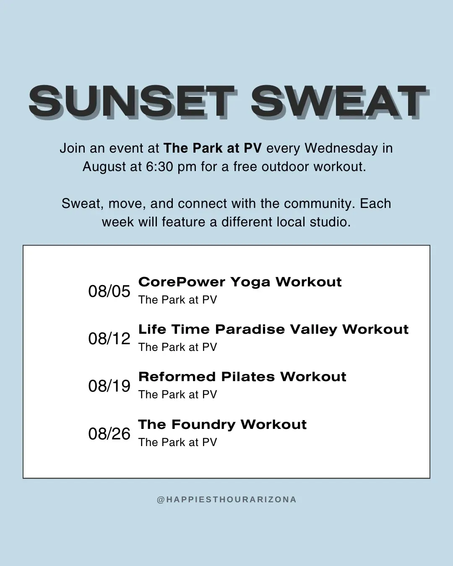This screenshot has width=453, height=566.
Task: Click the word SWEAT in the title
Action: tap(340, 102)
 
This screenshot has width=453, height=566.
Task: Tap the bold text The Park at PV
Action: tap(213, 148)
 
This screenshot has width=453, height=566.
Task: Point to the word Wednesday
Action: tap(341, 148)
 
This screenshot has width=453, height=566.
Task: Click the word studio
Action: tap(330, 222)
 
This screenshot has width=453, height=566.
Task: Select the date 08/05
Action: tap(109, 291)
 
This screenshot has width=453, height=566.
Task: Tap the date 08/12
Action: tap(109, 339)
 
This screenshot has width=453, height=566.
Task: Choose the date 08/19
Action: tap(109, 386)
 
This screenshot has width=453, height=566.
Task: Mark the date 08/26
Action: tap(109, 434)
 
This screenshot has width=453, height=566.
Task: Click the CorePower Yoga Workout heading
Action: tap(240, 282)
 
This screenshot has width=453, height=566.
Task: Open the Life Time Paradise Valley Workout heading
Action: tap(273, 330)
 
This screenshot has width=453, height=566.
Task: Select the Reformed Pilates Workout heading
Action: tap(242, 376)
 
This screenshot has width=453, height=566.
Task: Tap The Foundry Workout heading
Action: tap(222, 424)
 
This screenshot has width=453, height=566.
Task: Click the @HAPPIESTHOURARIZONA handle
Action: tap(226, 500)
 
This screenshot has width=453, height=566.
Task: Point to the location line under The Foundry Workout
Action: tap(178, 442)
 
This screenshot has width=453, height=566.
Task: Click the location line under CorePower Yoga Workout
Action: tap(178, 300)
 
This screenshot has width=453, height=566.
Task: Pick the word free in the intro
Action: tap(245, 167)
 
